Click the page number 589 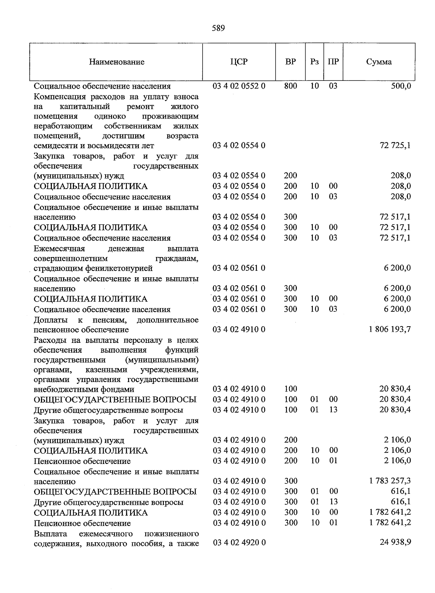tap(218, 28)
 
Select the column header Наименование tap(117, 62)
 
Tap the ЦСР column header tap(239, 62)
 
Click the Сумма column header tap(379, 62)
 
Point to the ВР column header tap(290, 62)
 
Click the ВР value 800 tap(290, 86)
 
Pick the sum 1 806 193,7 tap(390, 329)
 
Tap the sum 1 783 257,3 tap(390, 481)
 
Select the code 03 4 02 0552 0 tap(239, 86)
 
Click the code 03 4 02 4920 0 tap(239, 543)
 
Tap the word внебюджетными tap(62, 389)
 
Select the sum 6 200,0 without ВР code tap(398, 268)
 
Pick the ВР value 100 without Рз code tap(290, 389)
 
